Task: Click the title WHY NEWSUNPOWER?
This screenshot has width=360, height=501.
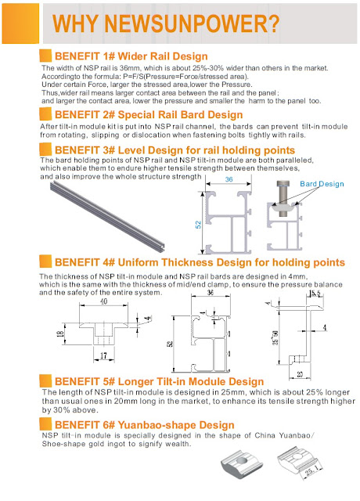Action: (166, 23)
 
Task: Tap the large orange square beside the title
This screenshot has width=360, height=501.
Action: (20, 23)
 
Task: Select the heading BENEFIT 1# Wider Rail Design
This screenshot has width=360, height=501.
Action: (131, 56)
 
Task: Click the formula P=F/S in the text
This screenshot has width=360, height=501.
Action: (134, 77)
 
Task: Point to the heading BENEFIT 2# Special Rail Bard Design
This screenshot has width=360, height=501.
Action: (149, 115)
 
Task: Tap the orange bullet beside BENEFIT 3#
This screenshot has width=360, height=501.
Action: (45, 150)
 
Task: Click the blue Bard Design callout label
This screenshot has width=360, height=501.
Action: (322, 184)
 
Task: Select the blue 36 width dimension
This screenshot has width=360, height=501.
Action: (229, 179)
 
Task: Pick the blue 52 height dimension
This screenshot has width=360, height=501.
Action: (198, 225)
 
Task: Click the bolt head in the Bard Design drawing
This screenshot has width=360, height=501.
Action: (283, 183)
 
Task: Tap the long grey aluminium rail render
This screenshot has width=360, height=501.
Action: (107, 216)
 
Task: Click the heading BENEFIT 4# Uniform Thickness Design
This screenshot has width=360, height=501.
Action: (200, 262)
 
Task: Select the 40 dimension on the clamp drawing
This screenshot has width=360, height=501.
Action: (104, 301)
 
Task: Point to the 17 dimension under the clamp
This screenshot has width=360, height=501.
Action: (103, 355)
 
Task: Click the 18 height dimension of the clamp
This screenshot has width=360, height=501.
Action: (60, 334)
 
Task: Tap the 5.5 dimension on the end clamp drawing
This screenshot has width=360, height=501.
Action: (315, 294)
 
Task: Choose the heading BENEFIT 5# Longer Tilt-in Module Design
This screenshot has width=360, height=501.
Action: (159, 381)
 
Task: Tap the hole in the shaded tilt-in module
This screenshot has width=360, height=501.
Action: (242, 460)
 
